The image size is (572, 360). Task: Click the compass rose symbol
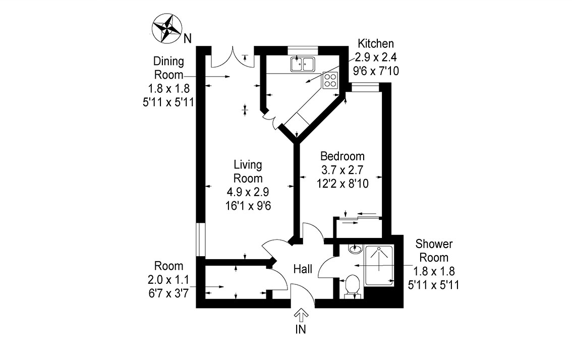167,28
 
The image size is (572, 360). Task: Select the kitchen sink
302,64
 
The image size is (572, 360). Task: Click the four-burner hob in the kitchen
330,80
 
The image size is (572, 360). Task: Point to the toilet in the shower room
352,286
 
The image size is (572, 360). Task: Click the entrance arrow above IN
301,316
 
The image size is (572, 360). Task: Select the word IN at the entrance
301,331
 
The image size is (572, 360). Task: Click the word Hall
303,269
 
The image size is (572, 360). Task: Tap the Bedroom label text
342,156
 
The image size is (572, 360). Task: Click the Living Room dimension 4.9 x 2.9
248,192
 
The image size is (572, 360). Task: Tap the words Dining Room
168,68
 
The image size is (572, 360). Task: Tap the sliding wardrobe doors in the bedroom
359,217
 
